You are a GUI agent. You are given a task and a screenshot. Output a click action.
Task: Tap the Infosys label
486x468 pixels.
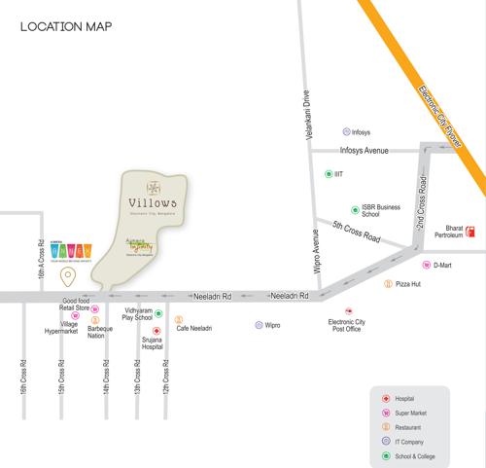361,131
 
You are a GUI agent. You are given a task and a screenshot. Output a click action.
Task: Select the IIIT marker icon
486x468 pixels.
328,174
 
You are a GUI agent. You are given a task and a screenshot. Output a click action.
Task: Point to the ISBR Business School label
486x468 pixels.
382,211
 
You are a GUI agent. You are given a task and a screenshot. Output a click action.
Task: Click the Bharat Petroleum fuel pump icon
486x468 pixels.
469,233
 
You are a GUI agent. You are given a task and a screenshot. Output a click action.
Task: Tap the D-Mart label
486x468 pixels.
443,265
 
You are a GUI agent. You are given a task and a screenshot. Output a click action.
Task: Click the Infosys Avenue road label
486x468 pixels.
363,151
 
